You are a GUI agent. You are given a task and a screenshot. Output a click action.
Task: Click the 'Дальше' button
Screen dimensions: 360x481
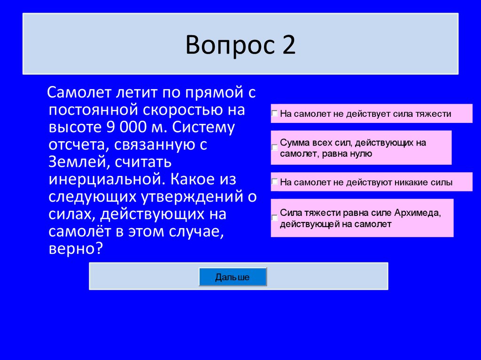pos(233,277)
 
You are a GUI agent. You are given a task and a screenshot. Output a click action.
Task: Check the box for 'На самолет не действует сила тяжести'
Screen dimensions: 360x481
pos(274,114)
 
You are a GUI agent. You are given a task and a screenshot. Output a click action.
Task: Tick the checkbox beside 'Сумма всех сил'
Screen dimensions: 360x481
pos(274,147)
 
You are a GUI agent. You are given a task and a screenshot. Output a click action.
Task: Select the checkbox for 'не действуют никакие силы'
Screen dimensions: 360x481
pos(274,182)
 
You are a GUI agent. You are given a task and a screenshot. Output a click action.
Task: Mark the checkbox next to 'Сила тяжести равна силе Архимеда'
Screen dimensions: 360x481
pos(274,218)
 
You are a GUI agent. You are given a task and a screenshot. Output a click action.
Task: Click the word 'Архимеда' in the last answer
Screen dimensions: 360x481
pos(417,213)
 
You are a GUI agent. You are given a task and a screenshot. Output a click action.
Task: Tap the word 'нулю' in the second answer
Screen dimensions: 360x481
pos(362,153)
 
